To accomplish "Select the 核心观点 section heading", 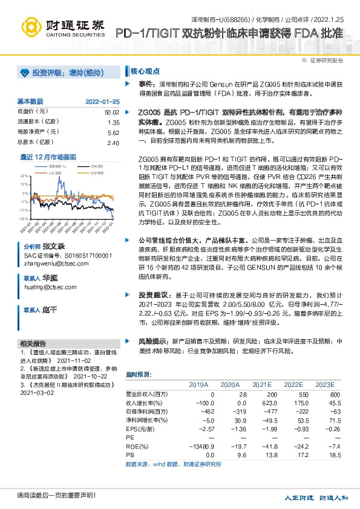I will pos(143,70).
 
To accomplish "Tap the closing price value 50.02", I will pos(111,112).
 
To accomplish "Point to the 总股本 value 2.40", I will pos(113,143).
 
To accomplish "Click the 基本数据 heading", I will pos(30,101).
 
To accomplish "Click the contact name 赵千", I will pos(50,309).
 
